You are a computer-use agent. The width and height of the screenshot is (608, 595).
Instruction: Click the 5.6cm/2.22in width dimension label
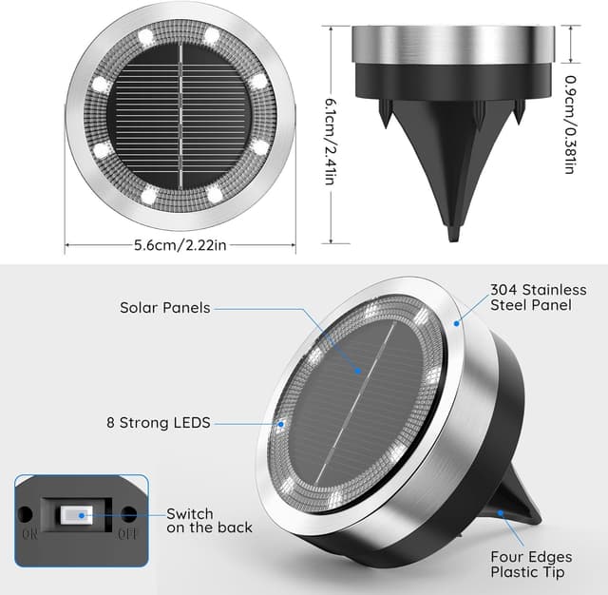click(x=180, y=244)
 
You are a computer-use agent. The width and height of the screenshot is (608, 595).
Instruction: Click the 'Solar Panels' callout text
click(x=165, y=308)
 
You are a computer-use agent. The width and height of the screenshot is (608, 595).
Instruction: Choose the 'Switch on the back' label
click(x=209, y=520)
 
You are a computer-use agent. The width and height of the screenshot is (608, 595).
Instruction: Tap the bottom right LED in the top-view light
click(x=214, y=195)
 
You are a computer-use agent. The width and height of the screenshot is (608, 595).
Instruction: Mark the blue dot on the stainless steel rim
click(x=456, y=322)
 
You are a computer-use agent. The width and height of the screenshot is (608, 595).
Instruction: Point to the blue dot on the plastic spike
click(x=501, y=514)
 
